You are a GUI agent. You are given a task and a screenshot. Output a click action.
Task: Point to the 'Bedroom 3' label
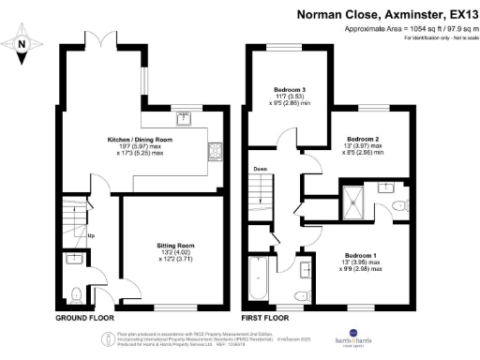tap(290, 90)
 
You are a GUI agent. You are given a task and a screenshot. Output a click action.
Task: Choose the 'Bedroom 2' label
tap(362, 139)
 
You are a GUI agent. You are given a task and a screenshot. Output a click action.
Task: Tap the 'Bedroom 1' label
tap(361, 255)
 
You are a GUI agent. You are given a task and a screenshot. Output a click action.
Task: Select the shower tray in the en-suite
tap(355, 196)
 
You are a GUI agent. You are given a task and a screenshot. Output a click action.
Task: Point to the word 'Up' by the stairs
tap(90, 235)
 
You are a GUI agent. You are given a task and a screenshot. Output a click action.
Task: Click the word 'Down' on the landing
tap(260, 171)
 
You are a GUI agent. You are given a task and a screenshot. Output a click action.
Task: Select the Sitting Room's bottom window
tap(171, 307)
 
